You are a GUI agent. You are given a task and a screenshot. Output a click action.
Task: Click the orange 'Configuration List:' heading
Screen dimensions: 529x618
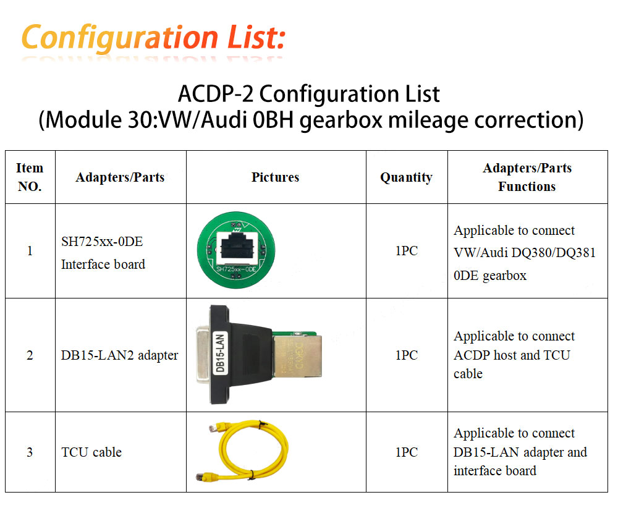point(153,37)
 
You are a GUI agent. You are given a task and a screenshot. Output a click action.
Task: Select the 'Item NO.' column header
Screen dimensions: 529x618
point(30,177)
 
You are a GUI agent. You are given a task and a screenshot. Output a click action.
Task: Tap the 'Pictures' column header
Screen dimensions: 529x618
point(275,177)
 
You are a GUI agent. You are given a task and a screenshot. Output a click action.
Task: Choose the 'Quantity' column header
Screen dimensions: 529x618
point(406,177)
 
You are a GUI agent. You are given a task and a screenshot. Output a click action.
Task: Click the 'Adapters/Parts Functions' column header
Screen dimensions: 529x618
point(527,177)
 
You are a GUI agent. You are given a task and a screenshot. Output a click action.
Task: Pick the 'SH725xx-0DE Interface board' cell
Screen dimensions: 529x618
point(103,253)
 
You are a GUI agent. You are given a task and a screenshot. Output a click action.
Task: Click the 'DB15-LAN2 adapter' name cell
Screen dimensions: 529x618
point(120,355)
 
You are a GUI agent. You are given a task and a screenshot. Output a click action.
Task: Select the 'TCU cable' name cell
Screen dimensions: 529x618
point(91,452)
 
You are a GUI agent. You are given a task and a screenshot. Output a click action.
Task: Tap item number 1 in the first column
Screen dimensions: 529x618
point(30,251)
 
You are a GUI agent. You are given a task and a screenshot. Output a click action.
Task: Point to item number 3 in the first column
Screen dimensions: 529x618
point(30,452)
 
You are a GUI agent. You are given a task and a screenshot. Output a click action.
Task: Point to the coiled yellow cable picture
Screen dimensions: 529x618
point(244,450)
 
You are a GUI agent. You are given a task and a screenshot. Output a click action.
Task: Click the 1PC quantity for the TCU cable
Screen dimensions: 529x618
point(406,452)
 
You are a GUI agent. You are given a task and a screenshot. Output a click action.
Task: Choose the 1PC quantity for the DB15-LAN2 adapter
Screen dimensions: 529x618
point(406,355)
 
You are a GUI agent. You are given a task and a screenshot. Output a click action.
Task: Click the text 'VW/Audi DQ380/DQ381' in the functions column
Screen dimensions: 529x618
point(525,253)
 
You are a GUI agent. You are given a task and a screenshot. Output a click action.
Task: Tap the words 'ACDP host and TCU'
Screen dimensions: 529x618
point(512,355)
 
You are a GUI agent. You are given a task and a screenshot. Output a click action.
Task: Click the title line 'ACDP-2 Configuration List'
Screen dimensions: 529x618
point(309,95)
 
